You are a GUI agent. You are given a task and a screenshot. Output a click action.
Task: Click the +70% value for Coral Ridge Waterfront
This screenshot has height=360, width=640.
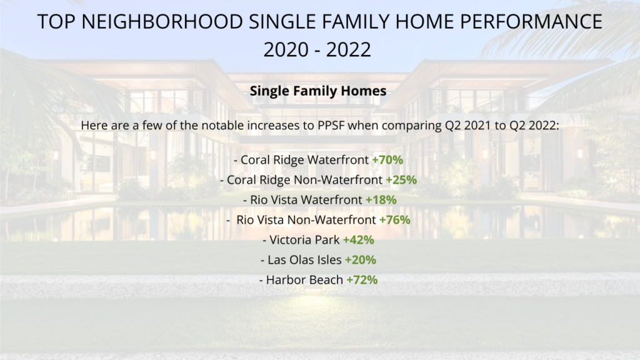(387, 159)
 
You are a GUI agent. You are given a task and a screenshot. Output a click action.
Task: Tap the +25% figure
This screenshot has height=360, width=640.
(401, 179)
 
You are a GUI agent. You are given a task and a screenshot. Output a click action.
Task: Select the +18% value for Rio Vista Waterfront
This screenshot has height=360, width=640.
(381, 199)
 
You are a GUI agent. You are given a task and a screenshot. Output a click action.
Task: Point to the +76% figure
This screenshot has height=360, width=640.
(395, 219)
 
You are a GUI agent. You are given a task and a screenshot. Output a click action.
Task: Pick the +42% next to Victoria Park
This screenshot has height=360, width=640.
(358, 239)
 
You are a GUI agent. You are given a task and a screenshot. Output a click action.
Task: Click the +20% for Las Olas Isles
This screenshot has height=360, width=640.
(361, 259)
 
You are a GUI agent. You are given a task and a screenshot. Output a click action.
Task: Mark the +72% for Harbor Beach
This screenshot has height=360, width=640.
(362, 279)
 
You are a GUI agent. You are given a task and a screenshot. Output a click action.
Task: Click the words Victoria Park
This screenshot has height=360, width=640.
(304, 239)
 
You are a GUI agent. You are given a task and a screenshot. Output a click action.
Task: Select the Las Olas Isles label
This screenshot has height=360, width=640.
(304, 259)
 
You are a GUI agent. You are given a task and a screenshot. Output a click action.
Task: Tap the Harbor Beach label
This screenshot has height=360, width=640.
(304, 279)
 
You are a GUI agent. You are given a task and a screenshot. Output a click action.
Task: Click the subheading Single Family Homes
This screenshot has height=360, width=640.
(318, 91)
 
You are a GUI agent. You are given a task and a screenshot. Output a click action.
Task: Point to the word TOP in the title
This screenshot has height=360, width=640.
(56, 22)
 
